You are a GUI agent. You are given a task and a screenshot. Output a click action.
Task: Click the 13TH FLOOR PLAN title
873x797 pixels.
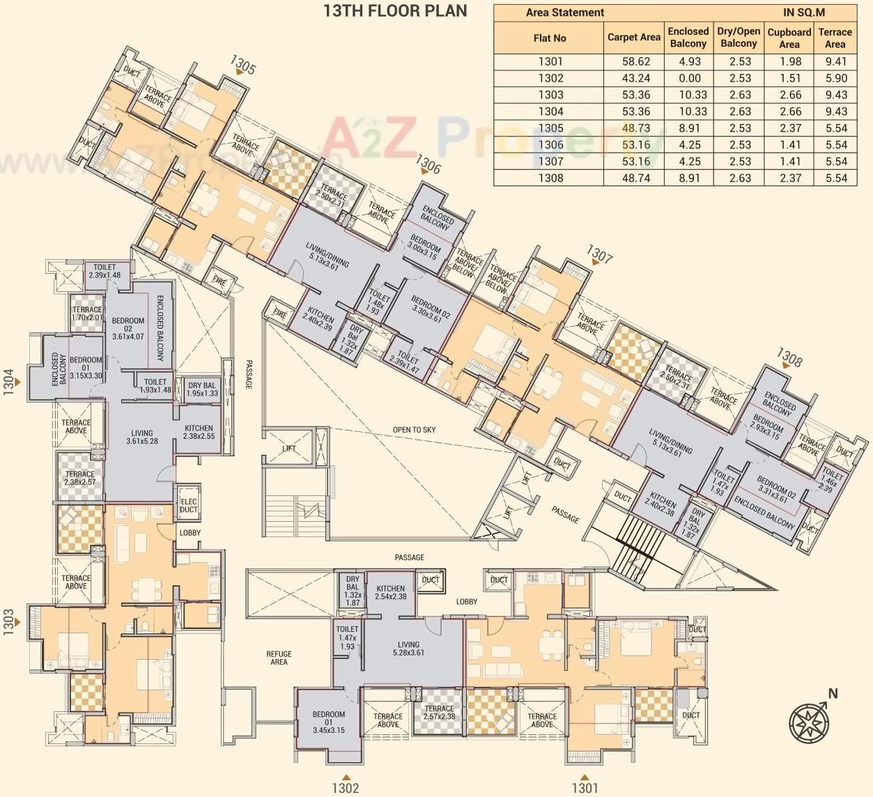[x=395, y=10]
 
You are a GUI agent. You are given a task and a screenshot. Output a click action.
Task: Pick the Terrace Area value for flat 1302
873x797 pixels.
[x=835, y=78]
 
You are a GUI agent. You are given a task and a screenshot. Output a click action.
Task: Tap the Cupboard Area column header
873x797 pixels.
[x=789, y=38]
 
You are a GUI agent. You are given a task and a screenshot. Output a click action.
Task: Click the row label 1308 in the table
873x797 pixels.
[x=550, y=178]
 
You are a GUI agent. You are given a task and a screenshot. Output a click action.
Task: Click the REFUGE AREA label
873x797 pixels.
[x=279, y=658]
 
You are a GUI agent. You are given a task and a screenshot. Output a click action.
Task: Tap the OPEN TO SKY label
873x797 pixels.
[x=414, y=430]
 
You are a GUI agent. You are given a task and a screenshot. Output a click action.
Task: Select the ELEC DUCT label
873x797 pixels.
[x=189, y=505]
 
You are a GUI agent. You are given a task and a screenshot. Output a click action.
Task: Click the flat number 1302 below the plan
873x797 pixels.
[x=345, y=788]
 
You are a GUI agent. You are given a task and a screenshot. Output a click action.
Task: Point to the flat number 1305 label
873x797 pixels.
[x=243, y=66]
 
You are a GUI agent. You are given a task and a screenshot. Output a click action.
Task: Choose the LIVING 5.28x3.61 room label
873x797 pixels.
[x=408, y=649]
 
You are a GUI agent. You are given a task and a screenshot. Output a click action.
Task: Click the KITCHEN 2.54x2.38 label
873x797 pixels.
[x=390, y=592]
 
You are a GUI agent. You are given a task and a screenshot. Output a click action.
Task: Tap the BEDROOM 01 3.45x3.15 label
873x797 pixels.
[x=328, y=722]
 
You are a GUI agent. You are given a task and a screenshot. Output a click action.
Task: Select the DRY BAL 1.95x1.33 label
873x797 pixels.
[x=202, y=389]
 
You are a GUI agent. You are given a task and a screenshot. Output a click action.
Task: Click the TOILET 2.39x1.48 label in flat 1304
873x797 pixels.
[x=105, y=271]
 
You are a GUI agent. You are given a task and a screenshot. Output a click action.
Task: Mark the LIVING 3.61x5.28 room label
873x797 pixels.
[x=141, y=437]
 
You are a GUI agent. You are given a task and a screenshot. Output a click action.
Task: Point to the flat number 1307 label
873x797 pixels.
[x=600, y=254]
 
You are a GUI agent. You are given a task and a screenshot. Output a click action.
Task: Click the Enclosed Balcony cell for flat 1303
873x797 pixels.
[x=688, y=95]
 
